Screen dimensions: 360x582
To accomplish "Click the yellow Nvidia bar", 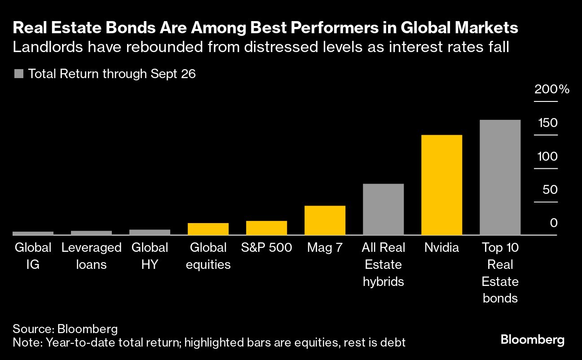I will click(441, 184).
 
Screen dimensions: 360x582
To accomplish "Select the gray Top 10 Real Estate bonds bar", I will click(500, 177).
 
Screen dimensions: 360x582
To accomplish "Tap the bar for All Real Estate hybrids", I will click(383, 209).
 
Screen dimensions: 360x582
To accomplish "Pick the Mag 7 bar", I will click(325, 220).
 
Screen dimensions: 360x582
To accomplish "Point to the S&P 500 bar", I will click(266, 228).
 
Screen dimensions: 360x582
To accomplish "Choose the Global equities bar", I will click(208, 229).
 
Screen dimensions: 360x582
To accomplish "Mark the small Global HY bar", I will click(150, 232).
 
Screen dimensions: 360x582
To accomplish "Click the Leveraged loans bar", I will click(91, 233).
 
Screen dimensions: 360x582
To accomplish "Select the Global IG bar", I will click(33, 233).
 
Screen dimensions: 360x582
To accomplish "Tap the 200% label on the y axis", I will click(551, 89).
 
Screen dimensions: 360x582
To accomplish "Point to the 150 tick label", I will click(547, 123).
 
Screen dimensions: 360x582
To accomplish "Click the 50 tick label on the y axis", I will click(550, 190).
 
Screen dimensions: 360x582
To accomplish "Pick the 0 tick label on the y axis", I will click(554, 223).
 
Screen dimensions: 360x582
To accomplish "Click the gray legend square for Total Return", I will click(19, 74).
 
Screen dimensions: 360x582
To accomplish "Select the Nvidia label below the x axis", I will click(441, 247).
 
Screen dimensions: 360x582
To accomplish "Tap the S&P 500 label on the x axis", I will click(266, 247).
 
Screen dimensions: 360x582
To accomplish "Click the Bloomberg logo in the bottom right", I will click(532, 340).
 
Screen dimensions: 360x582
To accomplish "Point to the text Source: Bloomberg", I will click(65, 329).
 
